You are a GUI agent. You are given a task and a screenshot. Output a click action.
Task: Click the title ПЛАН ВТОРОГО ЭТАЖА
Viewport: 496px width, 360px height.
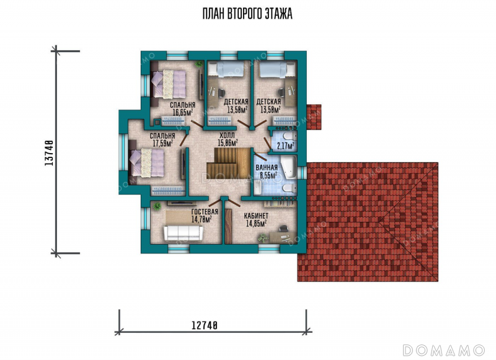click(x=247, y=14)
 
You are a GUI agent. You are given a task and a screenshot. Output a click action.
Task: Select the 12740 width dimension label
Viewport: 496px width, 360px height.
click(x=205, y=325)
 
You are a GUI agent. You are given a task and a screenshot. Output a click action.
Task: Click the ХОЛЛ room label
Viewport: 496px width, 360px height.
click(x=227, y=136)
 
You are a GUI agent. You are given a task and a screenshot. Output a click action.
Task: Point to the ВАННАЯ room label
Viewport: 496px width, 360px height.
click(x=267, y=167)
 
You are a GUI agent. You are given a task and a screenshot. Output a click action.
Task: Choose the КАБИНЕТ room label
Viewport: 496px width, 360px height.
click(x=256, y=216)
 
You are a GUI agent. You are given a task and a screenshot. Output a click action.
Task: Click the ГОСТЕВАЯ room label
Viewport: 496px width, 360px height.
click(x=205, y=212)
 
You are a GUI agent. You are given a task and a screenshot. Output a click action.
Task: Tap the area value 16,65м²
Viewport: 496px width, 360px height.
click(x=183, y=112)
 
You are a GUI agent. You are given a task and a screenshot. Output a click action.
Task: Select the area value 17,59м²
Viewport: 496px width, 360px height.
click(x=162, y=143)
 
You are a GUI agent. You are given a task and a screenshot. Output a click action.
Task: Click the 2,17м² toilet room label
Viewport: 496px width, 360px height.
click(x=286, y=146)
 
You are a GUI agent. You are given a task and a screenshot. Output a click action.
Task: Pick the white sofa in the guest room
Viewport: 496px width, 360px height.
click(x=183, y=233)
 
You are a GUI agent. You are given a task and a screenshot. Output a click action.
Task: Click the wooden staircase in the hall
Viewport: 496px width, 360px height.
click(x=228, y=164)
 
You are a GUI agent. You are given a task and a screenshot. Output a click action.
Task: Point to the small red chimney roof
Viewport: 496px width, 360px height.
click(x=314, y=117)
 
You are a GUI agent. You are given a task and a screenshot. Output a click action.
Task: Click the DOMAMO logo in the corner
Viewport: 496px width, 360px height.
click(x=443, y=350)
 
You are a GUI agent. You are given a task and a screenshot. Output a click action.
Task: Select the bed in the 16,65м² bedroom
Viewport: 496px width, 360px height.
click(x=169, y=84)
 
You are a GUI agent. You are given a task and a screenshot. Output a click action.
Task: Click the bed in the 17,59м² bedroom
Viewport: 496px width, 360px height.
click(x=147, y=162)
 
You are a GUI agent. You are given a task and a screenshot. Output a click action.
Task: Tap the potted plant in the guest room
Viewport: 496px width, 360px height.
click(x=157, y=206)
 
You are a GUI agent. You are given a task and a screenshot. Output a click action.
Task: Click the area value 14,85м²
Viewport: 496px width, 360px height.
click(x=256, y=223)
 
